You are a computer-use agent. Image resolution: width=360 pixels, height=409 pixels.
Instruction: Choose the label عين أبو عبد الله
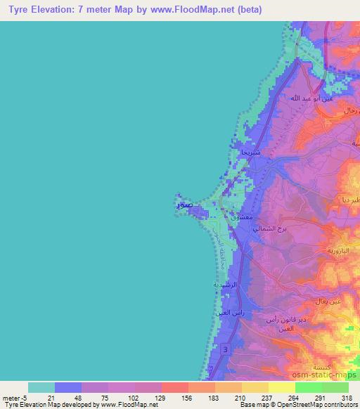pyautogui.click(x=306, y=98)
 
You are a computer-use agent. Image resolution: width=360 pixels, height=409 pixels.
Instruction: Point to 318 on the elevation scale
pyautogui.click(x=345, y=398)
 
